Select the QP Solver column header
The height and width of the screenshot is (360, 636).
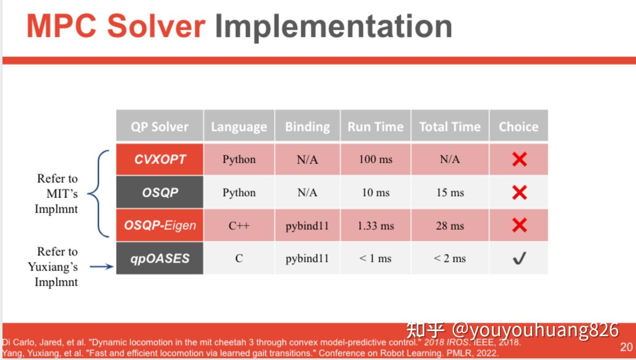tap(159, 127)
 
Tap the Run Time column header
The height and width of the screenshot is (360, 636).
tap(375, 127)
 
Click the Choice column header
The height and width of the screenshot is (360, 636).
tap(519, 127)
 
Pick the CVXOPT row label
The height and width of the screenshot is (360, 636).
tap(160, 159)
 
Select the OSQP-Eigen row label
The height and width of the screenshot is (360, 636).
tap(160, 225)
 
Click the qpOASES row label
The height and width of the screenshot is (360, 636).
tap(160, 258)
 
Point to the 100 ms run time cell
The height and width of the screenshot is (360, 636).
tap(375, 159)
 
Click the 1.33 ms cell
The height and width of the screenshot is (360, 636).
tap(375, 226)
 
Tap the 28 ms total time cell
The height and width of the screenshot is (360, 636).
tap(450, 226)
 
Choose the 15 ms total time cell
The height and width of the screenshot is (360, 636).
tap(450, 193)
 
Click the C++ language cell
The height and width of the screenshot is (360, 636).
tap(239, 226)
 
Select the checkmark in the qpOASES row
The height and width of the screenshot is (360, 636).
tap(519, 259)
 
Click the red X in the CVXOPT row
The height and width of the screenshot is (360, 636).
tap(519, 159)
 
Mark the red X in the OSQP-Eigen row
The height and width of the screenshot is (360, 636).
tap(519, 226)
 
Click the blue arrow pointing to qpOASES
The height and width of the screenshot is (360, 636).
tap(102, 267)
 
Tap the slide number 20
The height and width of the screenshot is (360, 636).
tap(626, 347)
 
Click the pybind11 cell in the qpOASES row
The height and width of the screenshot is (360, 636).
tap(307, 259)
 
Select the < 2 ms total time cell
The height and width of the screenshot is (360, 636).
tap(450, 259)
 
